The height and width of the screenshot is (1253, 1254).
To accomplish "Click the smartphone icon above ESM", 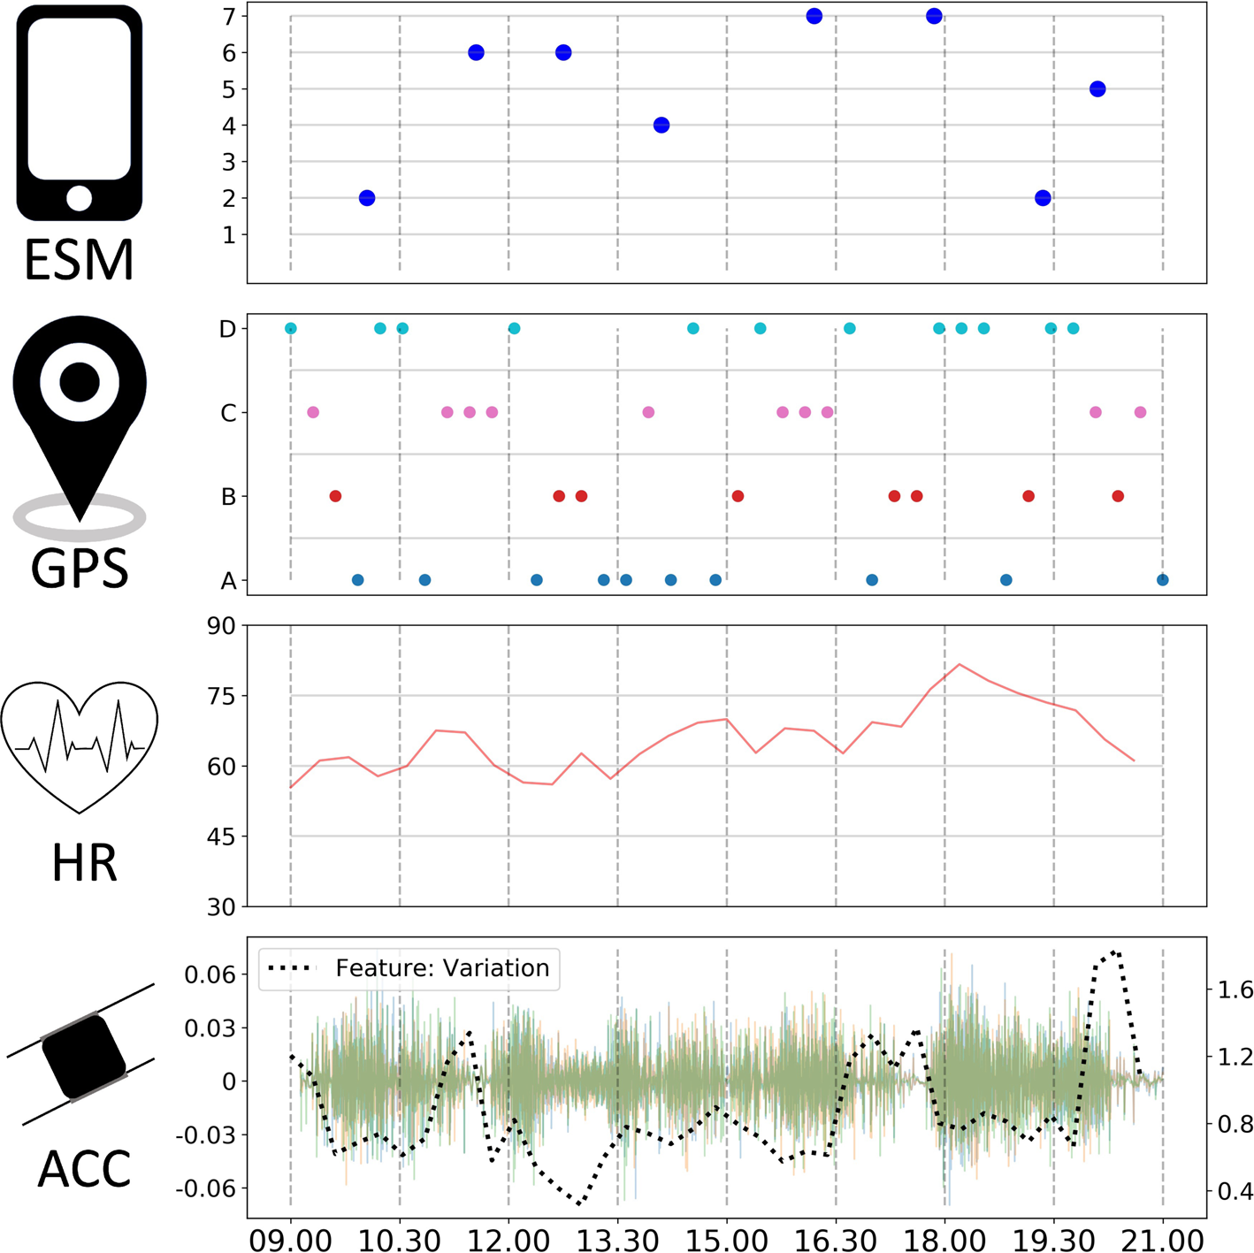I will (79, 113).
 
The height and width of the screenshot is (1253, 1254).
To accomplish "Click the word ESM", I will (79, 260).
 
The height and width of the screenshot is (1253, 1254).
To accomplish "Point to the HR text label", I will (84, 864).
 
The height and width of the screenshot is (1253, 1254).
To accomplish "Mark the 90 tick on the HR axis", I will (221, 626).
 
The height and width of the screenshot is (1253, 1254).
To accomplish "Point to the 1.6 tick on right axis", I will (1235, 989).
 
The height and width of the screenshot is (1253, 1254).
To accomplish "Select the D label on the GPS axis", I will (227, 329).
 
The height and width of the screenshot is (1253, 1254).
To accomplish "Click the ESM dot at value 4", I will (661, 126).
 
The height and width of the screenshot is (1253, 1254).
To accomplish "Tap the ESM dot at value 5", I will (1097, 89).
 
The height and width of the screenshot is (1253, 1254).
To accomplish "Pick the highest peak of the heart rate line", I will (960, 664).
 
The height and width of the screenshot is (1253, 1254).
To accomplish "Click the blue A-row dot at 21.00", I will (1162, 580).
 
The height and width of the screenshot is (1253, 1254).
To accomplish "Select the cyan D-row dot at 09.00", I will (291, 329).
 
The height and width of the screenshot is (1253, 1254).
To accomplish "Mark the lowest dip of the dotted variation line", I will (579, 1203).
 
